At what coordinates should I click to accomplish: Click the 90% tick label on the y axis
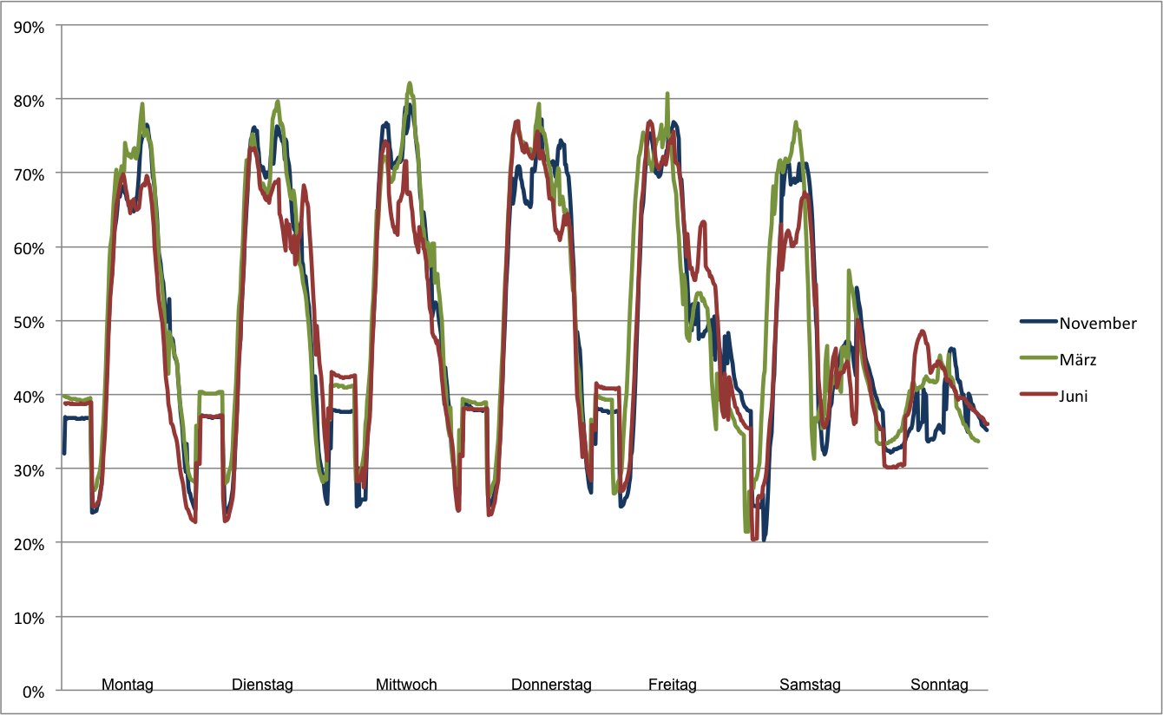pyautogui.click(x=32, y=25)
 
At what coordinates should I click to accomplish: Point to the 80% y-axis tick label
pyautogui.click(x=32, y=99)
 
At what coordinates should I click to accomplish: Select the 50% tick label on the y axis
pyautogui.click(x=32, y=321)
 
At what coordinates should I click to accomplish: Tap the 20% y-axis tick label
pyautogui.click(x=32, y=543)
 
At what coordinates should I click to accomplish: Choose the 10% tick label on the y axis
pyautogui.click(x=32, y=617)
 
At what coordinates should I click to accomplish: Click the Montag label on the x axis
pyautogui.click(x=128, y=685)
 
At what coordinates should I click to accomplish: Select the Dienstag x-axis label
pyautogui.click(x=262, y=685)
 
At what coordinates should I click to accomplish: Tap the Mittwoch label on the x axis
pyautogui.click(x=406, y=685)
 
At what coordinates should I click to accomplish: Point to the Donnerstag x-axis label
pyautogui.click(x=551, y=685)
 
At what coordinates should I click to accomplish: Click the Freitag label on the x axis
pyautogui.click(x=672, y=685)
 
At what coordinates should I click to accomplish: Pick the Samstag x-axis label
pyautogui.click(x=810, y=685)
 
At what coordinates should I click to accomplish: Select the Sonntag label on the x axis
pyautogui.click(x=939, y=685)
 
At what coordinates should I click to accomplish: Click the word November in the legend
pyautogui.click(x=1098, y=324)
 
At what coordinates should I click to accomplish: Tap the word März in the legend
pyautogui.click(x=1077, y=359)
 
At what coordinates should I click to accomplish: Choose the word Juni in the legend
pyautogui.click(x=1074, y=396)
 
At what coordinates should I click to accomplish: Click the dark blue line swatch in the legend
pyautogui.click(x=1039, y=322)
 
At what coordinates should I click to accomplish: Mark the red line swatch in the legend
pyautogui.click(x=1039, y=395)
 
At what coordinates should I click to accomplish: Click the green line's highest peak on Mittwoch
pyautogui.click(x=410, y=83)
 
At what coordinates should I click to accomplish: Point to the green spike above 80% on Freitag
pyautogui.click(x=667, y=94)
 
